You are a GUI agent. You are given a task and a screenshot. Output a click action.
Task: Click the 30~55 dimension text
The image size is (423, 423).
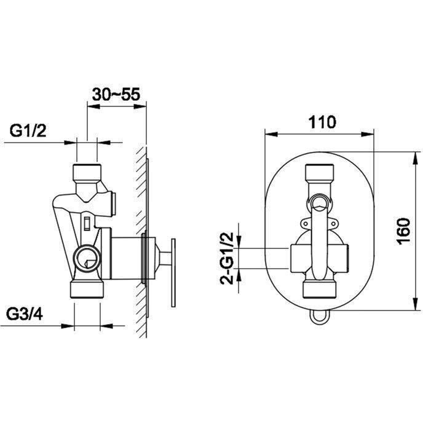[x=116, y=95]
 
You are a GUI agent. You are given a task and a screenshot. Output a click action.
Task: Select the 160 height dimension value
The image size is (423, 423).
[x=403, y=231]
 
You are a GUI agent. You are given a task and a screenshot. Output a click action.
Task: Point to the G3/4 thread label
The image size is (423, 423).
[x=25, y=314]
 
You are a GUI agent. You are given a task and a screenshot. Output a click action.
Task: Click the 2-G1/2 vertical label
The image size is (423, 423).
[x=227, y=258]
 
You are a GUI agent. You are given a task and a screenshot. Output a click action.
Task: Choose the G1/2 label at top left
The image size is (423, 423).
[x=28, y=130]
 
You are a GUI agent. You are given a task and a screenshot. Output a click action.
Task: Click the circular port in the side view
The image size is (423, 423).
[x=87, y=258]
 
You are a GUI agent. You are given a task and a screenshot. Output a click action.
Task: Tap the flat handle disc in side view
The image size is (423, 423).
[x=173, y=273]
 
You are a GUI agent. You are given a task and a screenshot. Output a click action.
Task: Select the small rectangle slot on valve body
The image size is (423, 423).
[x=87, y=223]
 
